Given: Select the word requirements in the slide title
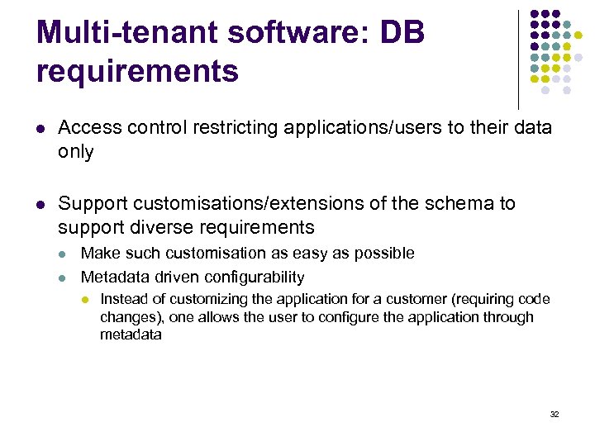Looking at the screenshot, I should tap(137, 71).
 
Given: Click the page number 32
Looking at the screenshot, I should tap(555, 414).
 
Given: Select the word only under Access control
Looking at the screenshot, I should tap(75, 152).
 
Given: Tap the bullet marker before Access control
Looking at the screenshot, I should tap(40, 129).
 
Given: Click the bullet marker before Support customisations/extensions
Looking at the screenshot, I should tap(40, 204).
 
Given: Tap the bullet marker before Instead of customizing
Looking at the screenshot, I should tap(87, 300).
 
